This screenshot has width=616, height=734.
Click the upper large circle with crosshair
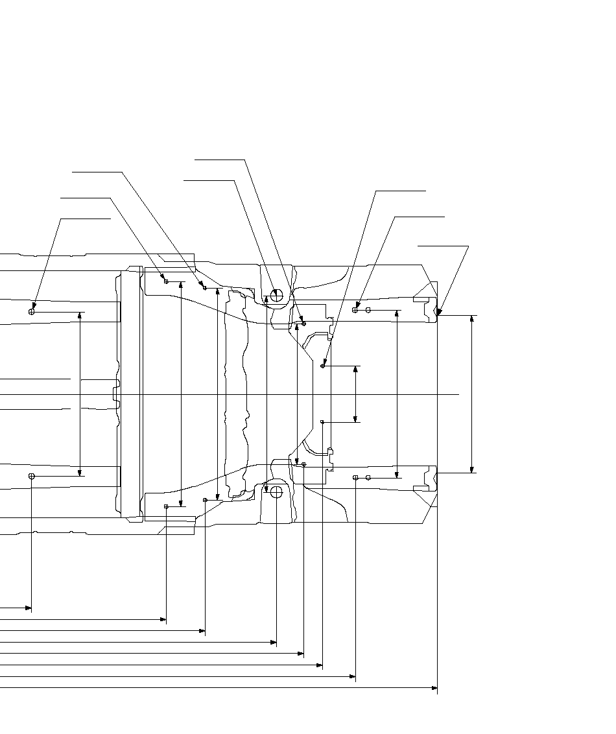[x=276, y=296]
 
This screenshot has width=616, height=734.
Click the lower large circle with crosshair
[x=276, y=492]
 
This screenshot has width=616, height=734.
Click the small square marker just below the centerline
[x=322, y=422]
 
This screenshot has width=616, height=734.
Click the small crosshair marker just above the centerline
[x=322, y=366]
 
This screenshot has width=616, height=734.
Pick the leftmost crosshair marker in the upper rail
[x=31, y=312]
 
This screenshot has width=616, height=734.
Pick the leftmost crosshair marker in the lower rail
[x=31, y=476]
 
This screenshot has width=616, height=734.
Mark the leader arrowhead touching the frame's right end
[x=438, y=314]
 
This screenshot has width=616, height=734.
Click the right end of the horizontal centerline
[x=459, y=394]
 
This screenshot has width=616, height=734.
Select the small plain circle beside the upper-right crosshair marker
[x=368, y=311]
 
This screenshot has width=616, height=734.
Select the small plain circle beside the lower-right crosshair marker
[x=368, y=477]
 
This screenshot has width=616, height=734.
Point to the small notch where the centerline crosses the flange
[x=115, y=394]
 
